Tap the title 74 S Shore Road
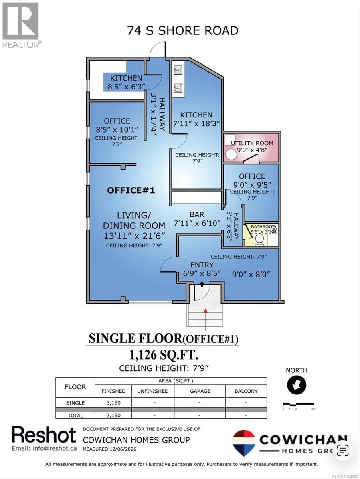183,31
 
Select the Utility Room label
252,143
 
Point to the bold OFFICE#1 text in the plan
131,190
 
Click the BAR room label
197,214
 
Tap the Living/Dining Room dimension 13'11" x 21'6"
134,236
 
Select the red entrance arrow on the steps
205,319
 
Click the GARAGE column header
200,391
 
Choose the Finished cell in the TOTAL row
113,415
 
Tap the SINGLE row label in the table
75,403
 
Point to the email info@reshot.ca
44,448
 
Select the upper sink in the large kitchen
178,70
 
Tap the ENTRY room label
202,265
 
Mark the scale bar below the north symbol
299,404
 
